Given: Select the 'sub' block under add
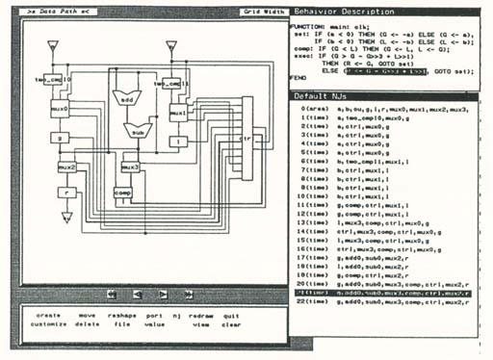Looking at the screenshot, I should pyautogui.click(x=138, y=134).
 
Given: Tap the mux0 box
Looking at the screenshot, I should pyautogui.click(x=59, y=111).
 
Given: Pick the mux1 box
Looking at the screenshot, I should pyautogui.click(x=177, y=113).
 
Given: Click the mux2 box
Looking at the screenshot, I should pyautogui.click(x=66, y=167).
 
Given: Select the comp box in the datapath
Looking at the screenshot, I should pyautogui.click(x=122, y=193).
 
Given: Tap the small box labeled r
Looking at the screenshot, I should pyautogui.click(x=66, y=192).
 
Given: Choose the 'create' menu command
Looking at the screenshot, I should pyautogui.click(x=49, y=315).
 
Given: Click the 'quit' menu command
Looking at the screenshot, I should pyautogui.click(x=231, y=315).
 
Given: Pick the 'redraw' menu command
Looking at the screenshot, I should pyautogui.click(x=201, y=315).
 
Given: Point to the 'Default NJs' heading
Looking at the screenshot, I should pyautogui.click(x=329, y=96).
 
